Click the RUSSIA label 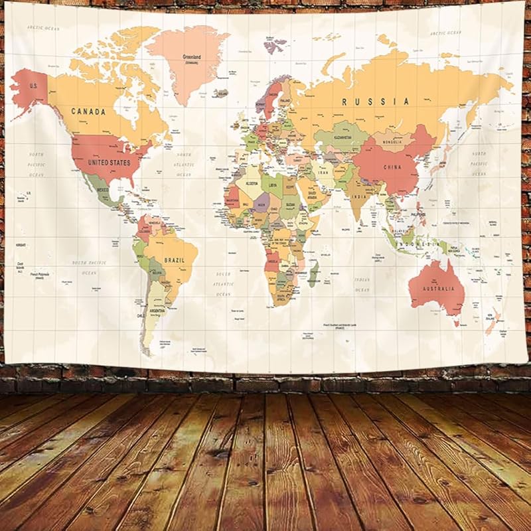[x=376, y=102]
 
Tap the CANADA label [x=88, y=112]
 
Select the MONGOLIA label [x=392, y=140]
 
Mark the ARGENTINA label [x=157, y=311]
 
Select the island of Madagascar [x=313, y=273]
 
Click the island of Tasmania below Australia [x=457, y=323]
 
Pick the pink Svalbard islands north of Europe [x=273, y=46]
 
